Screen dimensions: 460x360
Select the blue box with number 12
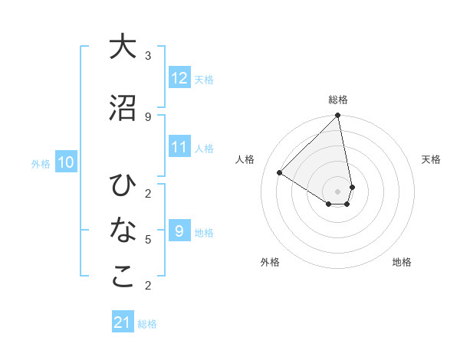(x=179, y=78)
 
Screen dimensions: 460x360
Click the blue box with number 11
(x=179, y=148)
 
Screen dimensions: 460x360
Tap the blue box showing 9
(x=179, y=231)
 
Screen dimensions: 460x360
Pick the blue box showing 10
(x=66, y=162)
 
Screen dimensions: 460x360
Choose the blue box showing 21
(x=123, y=322)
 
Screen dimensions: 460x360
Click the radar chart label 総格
(x=338, y=100)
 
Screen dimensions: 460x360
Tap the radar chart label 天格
(x=432, y=159)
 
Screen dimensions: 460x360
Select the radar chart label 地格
(x=402, y=262)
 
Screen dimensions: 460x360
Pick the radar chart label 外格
(x=270, y=262)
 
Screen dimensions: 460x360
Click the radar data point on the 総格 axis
(x=338, y=116)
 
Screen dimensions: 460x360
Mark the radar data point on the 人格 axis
(x=280, y=172)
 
